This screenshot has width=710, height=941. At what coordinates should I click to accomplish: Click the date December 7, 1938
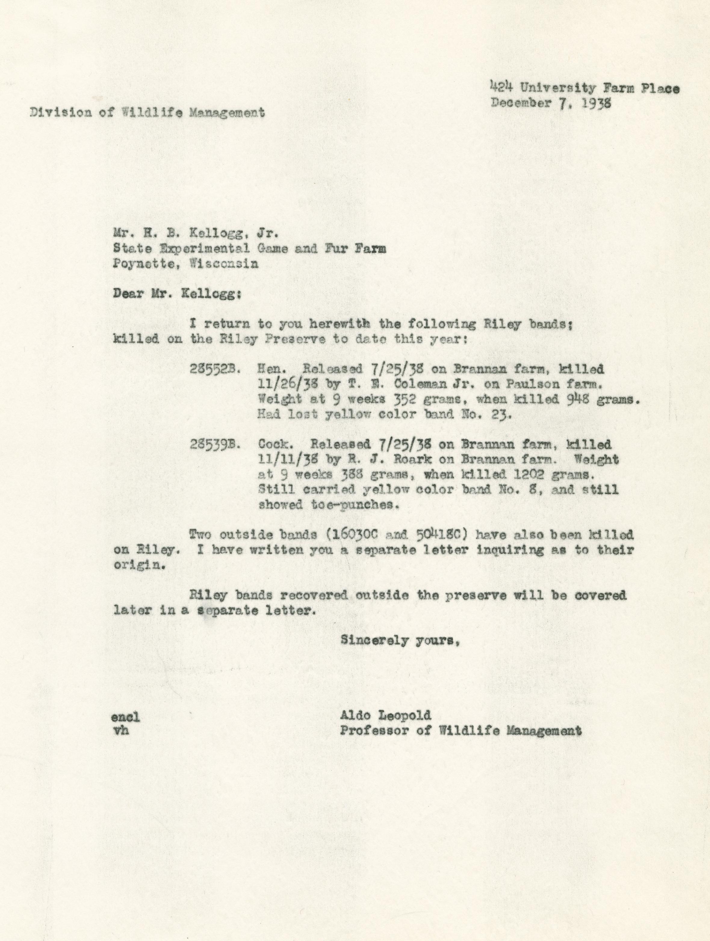coord(551,103)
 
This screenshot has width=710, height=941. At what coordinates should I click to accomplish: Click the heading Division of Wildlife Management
coord(147,113)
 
